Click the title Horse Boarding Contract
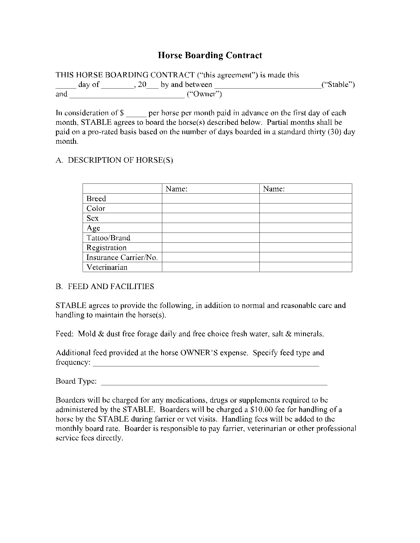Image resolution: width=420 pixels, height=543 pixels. (x=210, y=55)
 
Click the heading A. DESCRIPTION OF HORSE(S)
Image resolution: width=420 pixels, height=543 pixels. (x=114, y=160)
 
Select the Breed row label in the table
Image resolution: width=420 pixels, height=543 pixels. (x=96, y=199)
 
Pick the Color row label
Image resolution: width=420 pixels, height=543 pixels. (x=96, y=208)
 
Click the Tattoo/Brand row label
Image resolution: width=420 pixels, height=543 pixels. (x=108, y=238)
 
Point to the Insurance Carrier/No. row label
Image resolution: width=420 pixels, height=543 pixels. (x=122, y=258)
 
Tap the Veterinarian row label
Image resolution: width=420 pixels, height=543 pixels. (x=107, y=267)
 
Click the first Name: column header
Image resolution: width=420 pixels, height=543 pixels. (x=177, y=189)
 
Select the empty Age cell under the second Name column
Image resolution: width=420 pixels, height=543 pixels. (x=305, y=228)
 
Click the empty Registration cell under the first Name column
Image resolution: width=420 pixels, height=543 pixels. (x=211, y=248)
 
